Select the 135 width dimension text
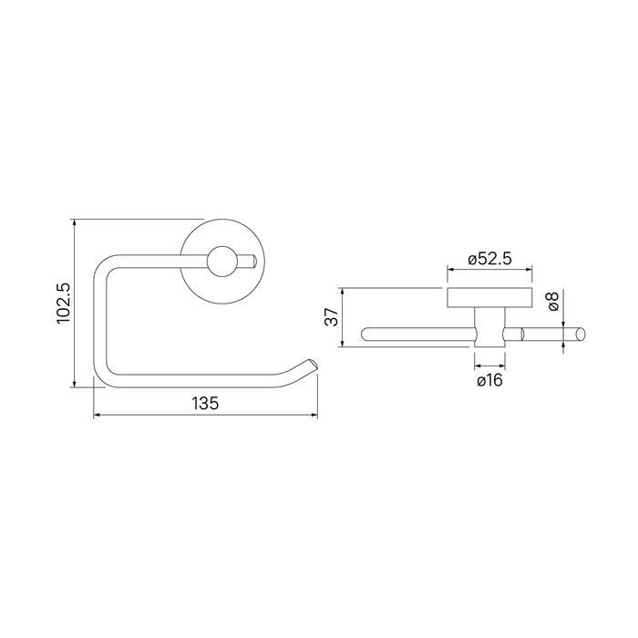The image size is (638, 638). [x=205, y=403]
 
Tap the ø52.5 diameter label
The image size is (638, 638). [x=489, y=259]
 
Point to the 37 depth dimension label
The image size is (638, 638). [x=332, y=316]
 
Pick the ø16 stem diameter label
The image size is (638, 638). [x=490, y=380]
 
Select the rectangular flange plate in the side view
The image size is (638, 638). [x=489, y=298]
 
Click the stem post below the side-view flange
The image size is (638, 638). [x=489, y=327]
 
